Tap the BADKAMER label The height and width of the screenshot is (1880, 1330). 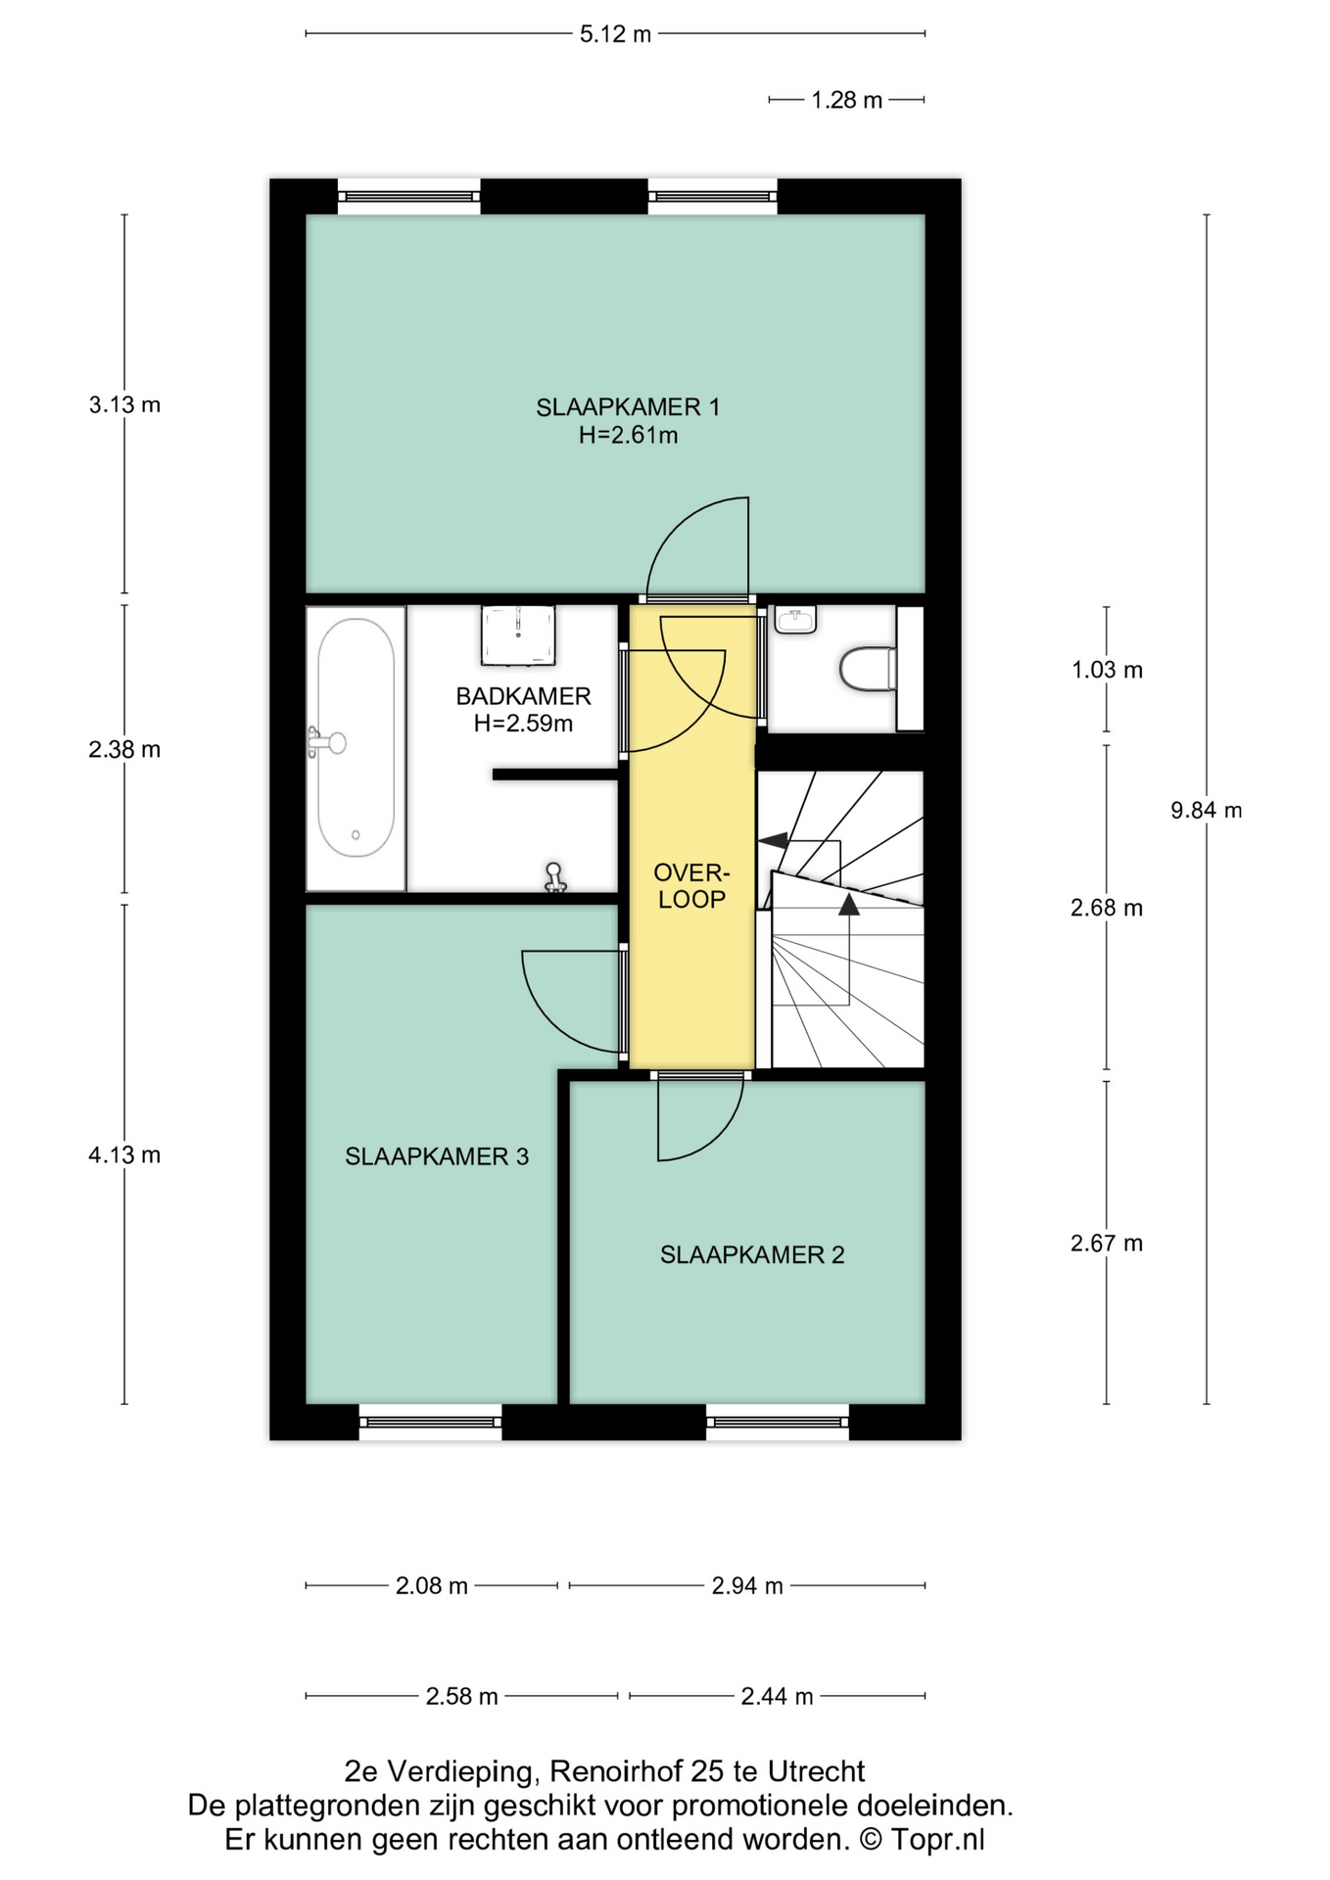click(x=523, y=696)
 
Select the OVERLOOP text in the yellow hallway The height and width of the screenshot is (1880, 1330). click(x=691, y=885)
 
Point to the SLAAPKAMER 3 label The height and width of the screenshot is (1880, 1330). click(x=437, y=1156)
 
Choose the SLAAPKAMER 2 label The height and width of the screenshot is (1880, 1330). click(x=752, y=1254)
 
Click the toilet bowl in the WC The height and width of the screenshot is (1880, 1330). click(x=868, y=668)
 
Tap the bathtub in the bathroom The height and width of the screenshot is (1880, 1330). click(x=356, y=748)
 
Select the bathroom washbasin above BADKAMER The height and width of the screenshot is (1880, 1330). click(x=518, y=634)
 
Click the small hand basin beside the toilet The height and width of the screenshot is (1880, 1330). click(x=795, y=619)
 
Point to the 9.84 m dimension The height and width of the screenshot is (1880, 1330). click(x=1207, y=810)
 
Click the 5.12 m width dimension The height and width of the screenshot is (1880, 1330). click(x=615, y=34)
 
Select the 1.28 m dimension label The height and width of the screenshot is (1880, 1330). click(x=847, y=100)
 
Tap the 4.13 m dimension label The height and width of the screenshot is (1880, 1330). click(x=124, y=1154)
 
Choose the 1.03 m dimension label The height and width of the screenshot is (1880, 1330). click(x=1107, y=670)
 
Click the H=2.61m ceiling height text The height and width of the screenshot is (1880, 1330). click(x=628, y=435)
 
